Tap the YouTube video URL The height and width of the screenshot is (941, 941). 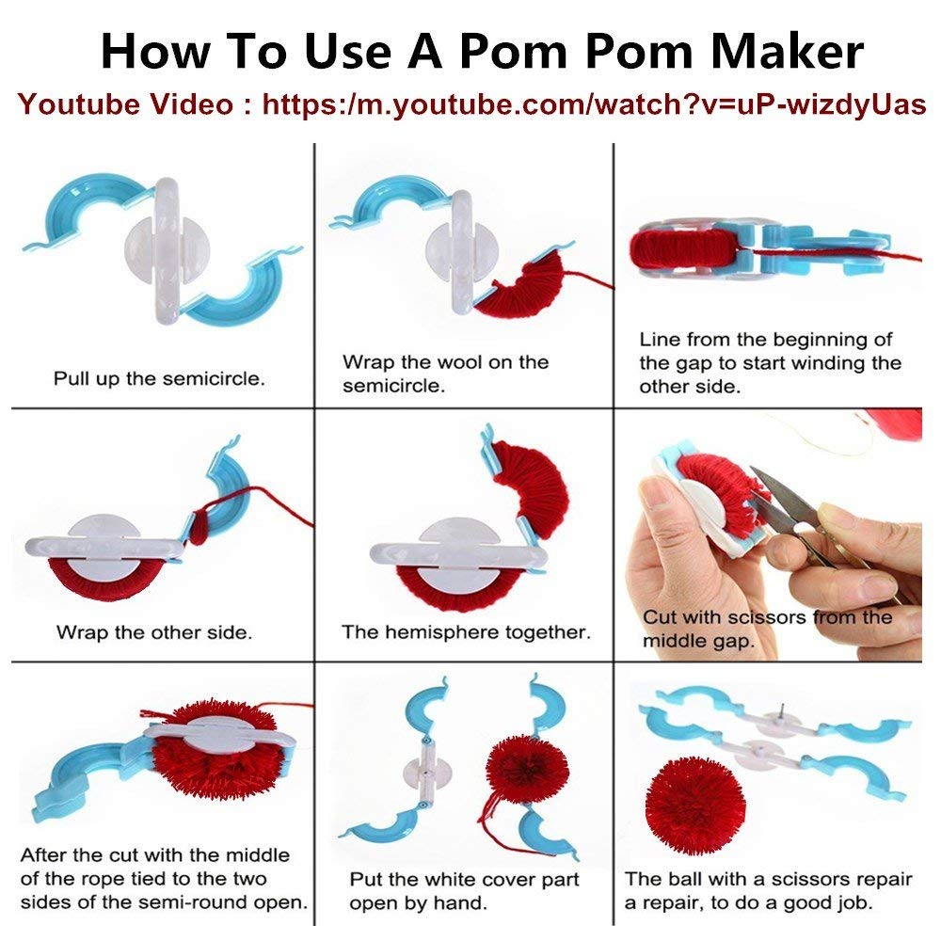tap(594, 104)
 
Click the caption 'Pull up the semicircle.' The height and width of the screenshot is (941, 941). tap(159, 378)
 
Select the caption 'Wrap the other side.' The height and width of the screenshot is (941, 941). tap(154, 632)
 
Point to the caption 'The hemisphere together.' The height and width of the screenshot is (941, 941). tap(467, 632)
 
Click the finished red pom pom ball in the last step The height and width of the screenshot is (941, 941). tap(695, 805)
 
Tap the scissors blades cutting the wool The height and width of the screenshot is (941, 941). tap(780, 498)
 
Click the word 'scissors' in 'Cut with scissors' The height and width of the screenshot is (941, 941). tap(757, 617)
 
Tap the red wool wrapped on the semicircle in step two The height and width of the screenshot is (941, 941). tap(523, 283)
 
